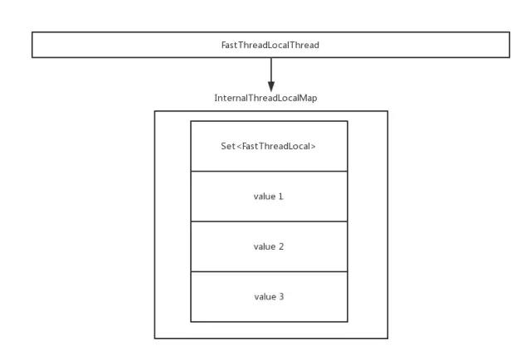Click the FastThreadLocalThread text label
point(271,46)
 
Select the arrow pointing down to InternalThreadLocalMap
point(271,73)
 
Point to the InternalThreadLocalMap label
point(265,98)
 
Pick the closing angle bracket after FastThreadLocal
point(314,147)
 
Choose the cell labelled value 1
point(269,197)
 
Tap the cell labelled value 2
point(269,246)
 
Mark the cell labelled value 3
point(269,296)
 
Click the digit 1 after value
point(282,197)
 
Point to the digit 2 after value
point(282,246)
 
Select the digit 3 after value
point(282,296)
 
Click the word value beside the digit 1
point(265,197)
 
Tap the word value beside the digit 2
point(265,246)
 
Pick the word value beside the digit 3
point(265,296)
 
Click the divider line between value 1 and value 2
point(269,221)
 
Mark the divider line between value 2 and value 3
point(269,271)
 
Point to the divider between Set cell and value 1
point(269,171)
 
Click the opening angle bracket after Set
point(239,147)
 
